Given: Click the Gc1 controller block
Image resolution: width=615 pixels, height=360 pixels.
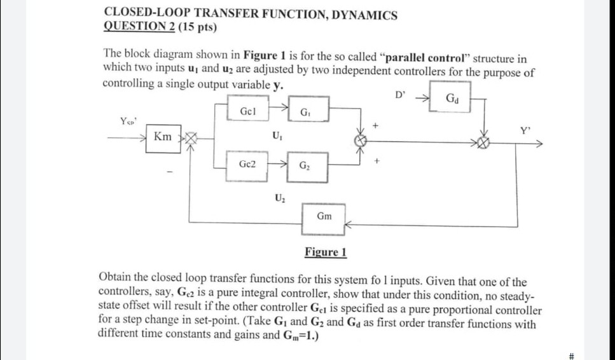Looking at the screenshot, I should pos(248,111).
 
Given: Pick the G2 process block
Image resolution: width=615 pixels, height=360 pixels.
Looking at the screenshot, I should pos(308,166).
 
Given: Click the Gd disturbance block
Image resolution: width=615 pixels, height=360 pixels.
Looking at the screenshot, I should pos(451,98).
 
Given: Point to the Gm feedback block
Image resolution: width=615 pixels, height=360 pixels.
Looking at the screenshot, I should pos(324,216).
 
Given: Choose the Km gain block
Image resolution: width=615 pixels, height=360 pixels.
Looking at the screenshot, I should pos(163,137).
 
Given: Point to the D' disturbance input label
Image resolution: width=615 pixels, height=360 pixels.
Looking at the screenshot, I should pos(399,95).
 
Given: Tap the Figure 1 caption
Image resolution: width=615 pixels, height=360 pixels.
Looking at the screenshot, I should pos(325,252).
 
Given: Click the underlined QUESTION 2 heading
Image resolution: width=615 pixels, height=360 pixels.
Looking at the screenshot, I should pos(139,27).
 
